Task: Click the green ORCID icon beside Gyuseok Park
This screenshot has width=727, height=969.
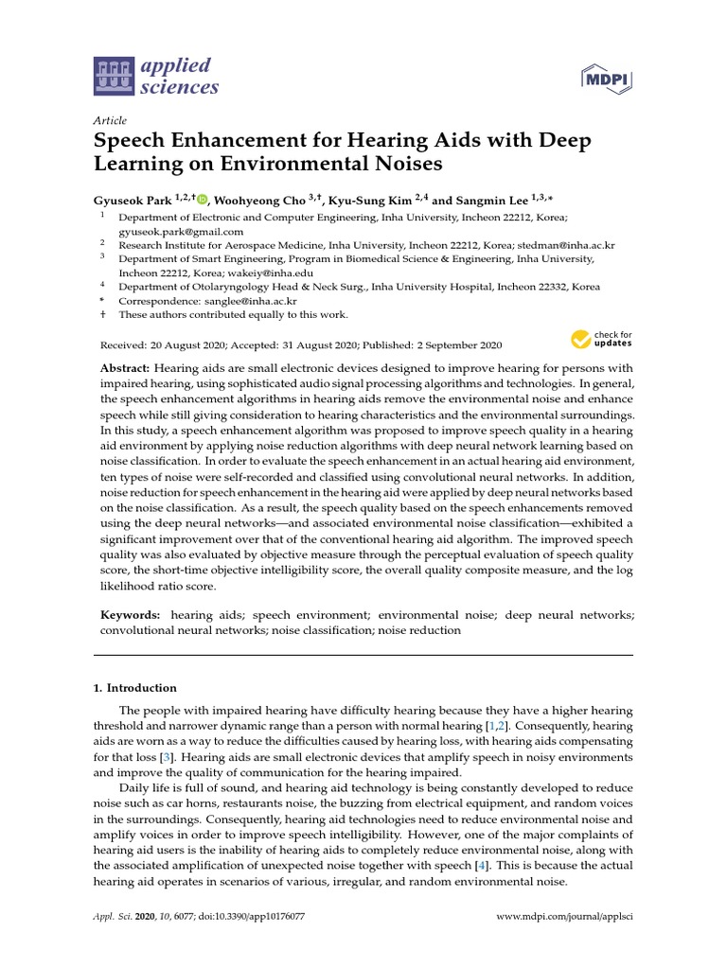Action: tap(202, 201)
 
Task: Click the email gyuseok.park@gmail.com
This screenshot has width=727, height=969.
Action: tap(181, 231)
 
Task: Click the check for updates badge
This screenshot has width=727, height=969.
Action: tap(601, 340)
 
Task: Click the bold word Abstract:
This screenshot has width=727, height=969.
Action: tap(125, 367)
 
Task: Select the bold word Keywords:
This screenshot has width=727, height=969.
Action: tap(131, 615)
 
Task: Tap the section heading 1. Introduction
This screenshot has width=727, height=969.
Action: tap(141, 688)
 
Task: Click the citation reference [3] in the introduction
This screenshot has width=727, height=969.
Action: tap(166, 757)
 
